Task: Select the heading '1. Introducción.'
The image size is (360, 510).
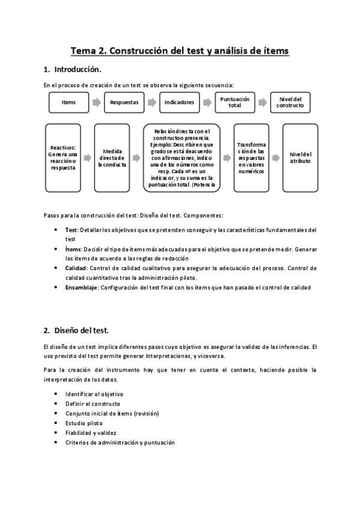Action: [76, 70]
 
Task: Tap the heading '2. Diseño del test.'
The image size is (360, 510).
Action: [76, 330]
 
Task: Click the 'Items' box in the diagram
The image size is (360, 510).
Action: [69, 102]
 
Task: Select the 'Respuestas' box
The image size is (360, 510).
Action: [124, 102]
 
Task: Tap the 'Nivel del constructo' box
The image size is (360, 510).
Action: [290, 102]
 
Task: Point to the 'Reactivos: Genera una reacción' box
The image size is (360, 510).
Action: [63, 158]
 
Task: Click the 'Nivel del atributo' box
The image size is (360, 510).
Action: [300, 158]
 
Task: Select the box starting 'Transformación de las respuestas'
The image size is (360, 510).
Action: [251, 158]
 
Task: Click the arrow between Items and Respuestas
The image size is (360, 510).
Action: [96, 102]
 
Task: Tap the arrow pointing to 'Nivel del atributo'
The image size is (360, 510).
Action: [275, 158]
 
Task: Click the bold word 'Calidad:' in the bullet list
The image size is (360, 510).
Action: [77, 268]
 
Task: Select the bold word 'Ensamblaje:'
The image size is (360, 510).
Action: [82, 287]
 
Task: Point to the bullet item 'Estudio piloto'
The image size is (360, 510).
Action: [84, 423]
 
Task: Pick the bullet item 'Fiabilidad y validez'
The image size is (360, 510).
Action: [91, 432]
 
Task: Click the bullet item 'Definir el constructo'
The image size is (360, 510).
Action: [93, 404]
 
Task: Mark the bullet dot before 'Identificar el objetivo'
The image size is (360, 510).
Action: [55, 394]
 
